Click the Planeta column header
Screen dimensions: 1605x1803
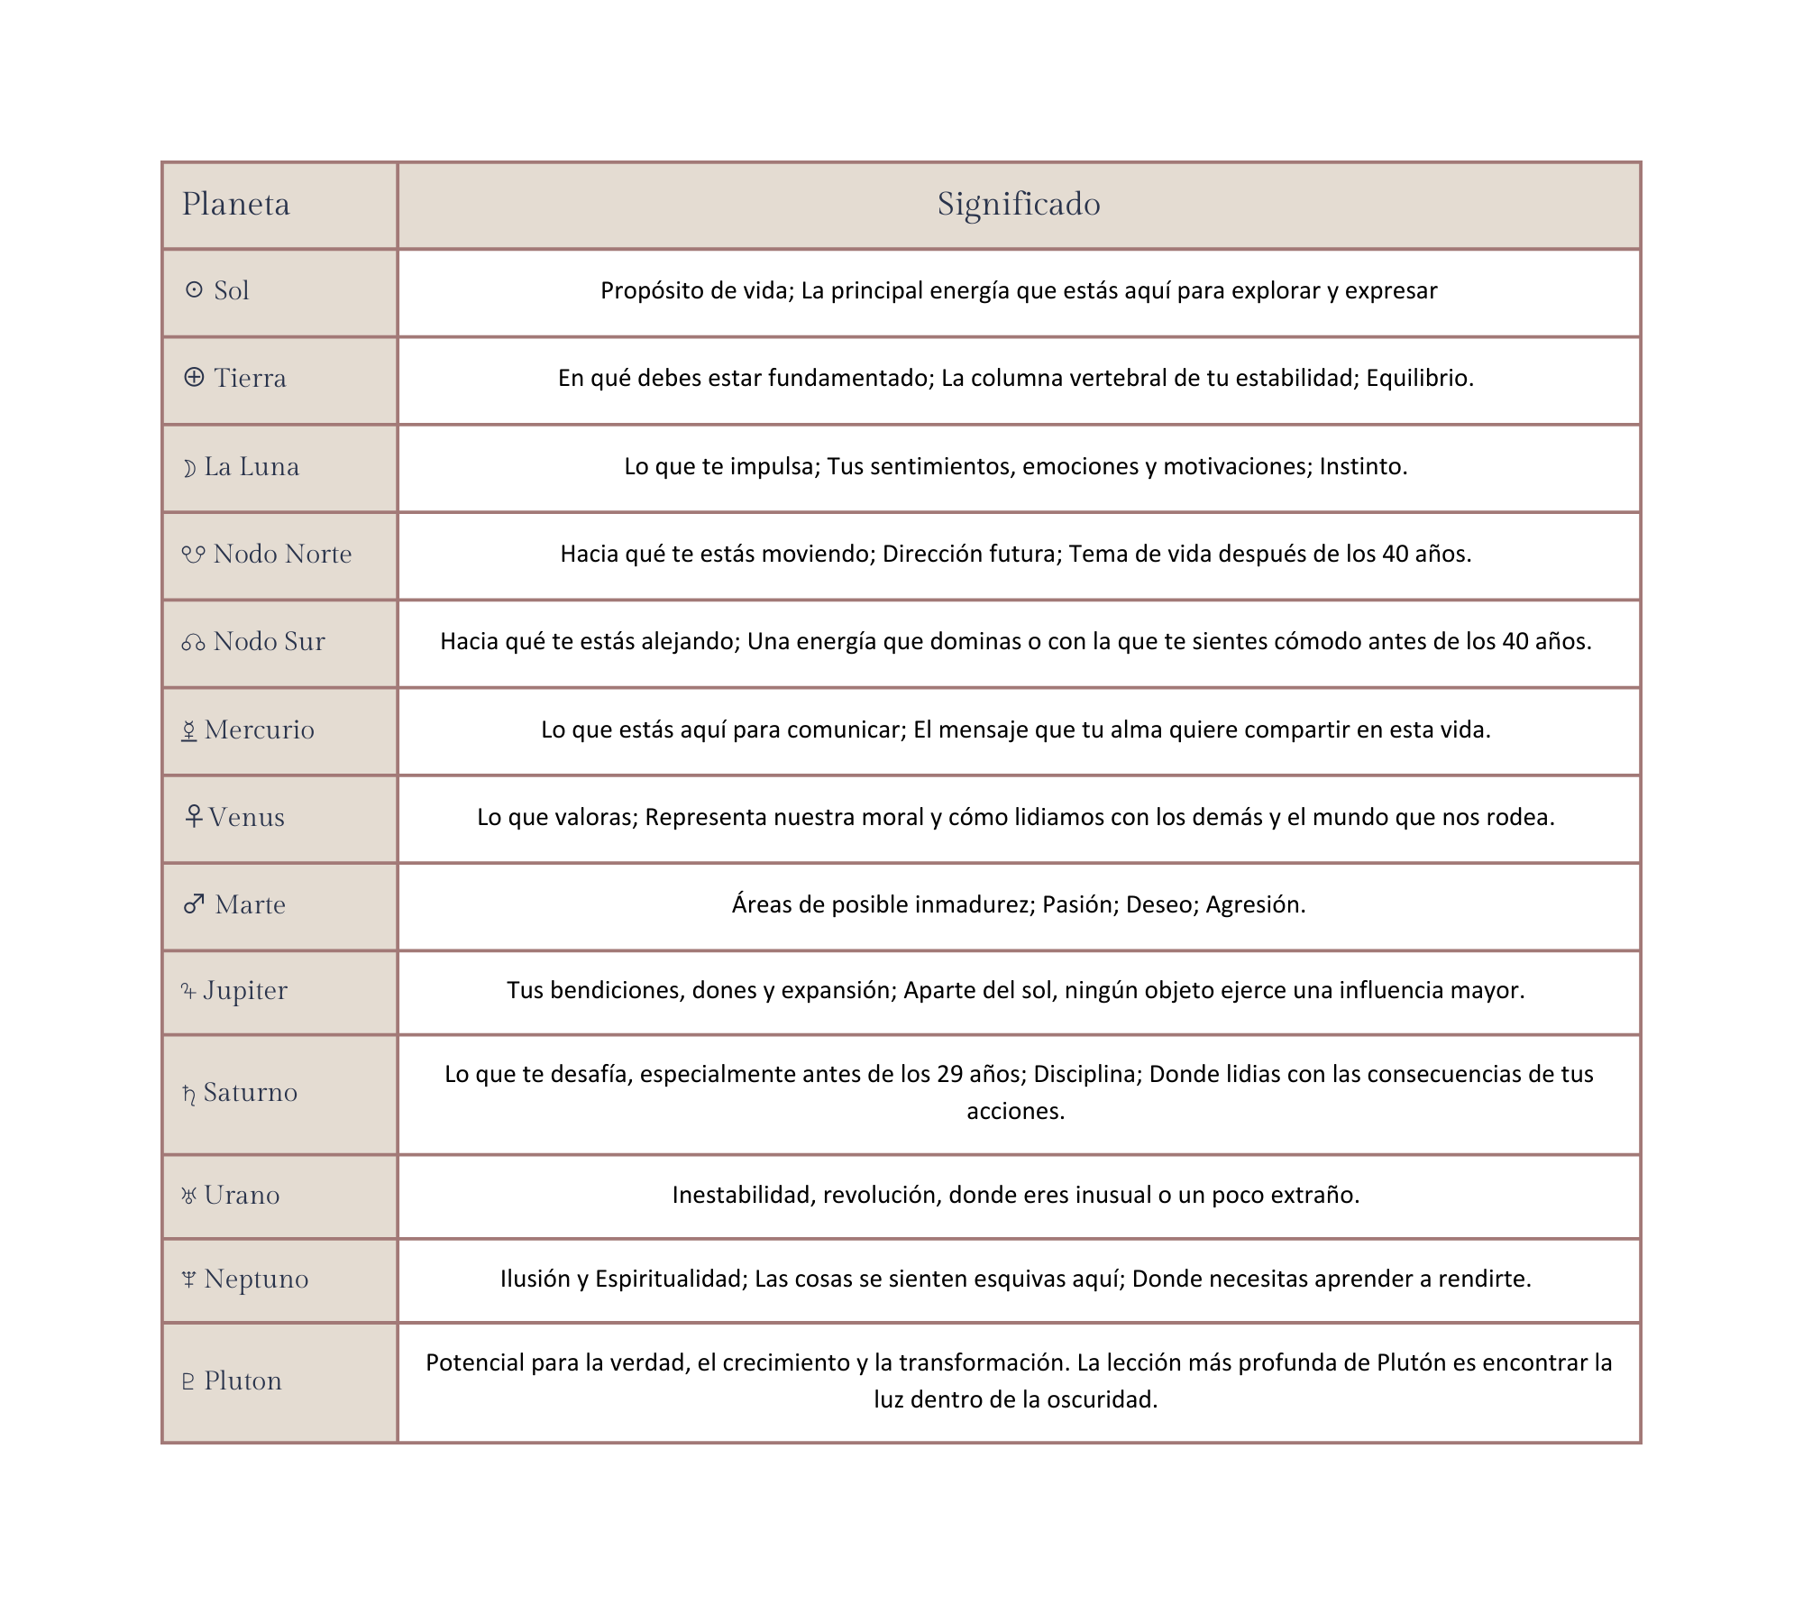click(x=236, y=205)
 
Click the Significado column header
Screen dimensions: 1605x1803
click(x=1019, y=205)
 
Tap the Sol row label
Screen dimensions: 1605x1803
click(x=231, y=290)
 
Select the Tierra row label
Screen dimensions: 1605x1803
click(x=250, y=378)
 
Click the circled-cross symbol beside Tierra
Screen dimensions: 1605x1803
click(x=194, y=377)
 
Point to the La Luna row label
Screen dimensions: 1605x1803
click(x=251, y=466)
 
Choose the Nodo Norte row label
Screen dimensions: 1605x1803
click(x=282, y=554)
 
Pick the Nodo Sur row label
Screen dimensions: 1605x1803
click(x=269, y=641)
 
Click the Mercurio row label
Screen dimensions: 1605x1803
click(x=259, y=729)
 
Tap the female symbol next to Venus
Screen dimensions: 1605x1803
click(x=193, y=816)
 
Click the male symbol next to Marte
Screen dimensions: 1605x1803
click(x=194, y=903)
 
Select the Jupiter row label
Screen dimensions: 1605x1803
click(x=244, y=990)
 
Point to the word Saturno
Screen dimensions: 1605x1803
click(x=250, y=1093)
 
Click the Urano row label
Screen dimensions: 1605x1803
click(x=242, y=1195)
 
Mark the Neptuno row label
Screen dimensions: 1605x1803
click(x=256, y=1279)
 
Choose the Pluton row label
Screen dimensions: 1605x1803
click(x=243, y=1380)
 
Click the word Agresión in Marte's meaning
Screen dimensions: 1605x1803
click(x=1254, y=904)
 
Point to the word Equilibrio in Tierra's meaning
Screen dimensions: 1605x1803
click(x=1418, y=378)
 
